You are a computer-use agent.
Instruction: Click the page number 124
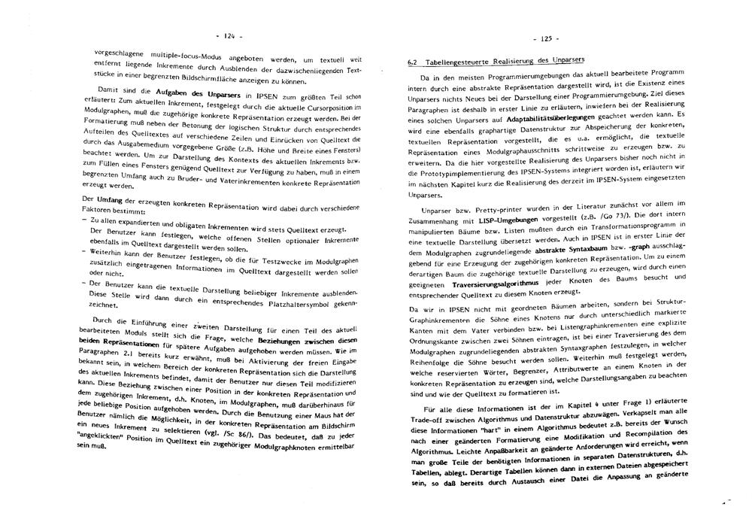click(x=225, y=36)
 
